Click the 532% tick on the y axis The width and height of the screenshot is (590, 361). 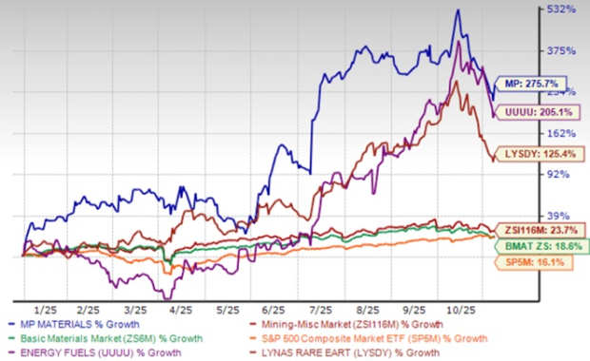click(x=562, y=9)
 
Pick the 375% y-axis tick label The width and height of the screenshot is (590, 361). click(x=562, y=50)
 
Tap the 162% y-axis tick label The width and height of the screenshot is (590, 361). click(x=562, y=133)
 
